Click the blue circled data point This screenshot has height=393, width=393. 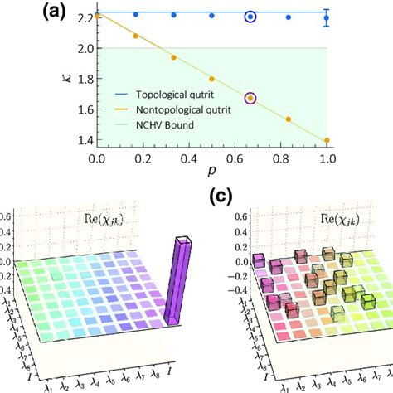pos(250,17)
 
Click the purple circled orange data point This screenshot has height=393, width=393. pos(250,99)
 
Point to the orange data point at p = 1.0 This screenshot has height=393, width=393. pos(326,140)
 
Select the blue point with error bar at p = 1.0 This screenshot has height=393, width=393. pos(326,17)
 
